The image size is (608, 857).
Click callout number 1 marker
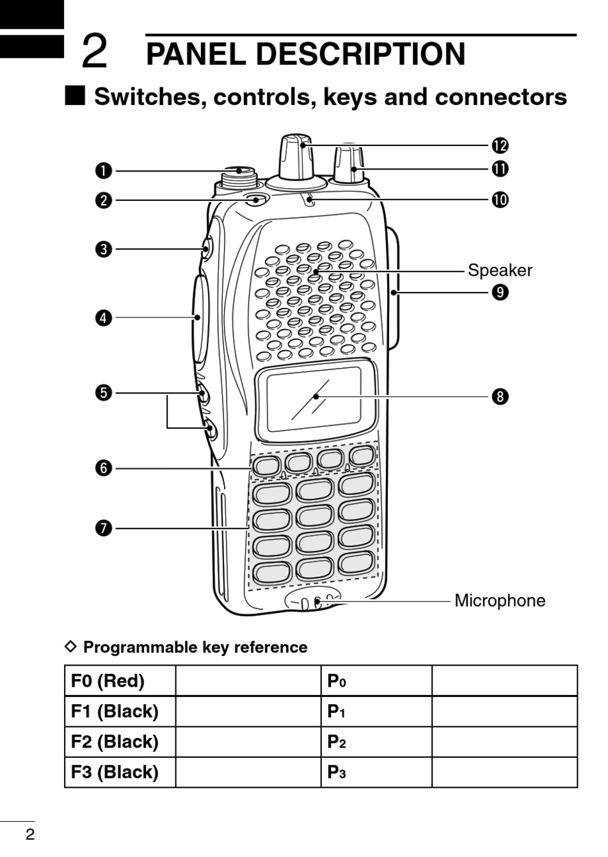pyautogui.click(x=104, y=171)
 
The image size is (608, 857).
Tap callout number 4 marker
pyautogui.click(x=104, y=317)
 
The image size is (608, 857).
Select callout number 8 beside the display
pyautogui.click(x=500, y=396)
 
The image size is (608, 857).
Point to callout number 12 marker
pyautogui.click(x=500, y=145)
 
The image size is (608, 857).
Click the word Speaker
pyautogui.click(x=500, y=270)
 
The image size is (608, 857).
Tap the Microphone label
pyautogui.click(x=500, y=600)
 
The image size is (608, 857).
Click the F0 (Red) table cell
pyautogui.click(x=120, y=680)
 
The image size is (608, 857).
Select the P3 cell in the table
pyautogui.click(x=376, y=773)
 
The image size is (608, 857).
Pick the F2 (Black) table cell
pyautogui.click(x=120, y=742)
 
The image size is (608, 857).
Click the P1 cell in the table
pyautogui.click(x=376, y=711)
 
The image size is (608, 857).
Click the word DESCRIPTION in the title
pyautogui.click(x=360, y=54)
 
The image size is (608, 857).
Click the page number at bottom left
pyautogui.click(x=29, y=834)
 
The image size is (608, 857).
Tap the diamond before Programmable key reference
pyautogui.click(x=72, y=646)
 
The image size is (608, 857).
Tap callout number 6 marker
pyautogui.click(x=104, y=468)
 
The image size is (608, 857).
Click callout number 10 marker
pyautogui.click(x=500, y=200)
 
